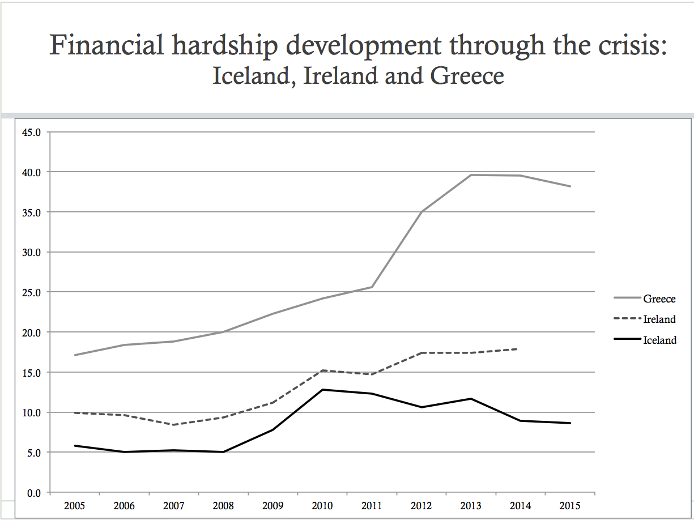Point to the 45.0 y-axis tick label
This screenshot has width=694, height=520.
[32, 132]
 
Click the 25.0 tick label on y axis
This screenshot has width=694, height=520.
[32, 292]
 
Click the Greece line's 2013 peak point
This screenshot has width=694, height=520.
[471, 175]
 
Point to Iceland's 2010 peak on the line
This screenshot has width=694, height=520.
[322, 390]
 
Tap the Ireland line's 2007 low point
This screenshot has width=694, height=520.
[173, 425]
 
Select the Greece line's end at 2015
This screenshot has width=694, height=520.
[569, 186]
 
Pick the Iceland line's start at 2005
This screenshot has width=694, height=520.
[74, 446]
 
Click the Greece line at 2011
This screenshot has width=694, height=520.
[372, 287]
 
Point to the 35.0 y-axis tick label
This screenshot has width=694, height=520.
[32, 212]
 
